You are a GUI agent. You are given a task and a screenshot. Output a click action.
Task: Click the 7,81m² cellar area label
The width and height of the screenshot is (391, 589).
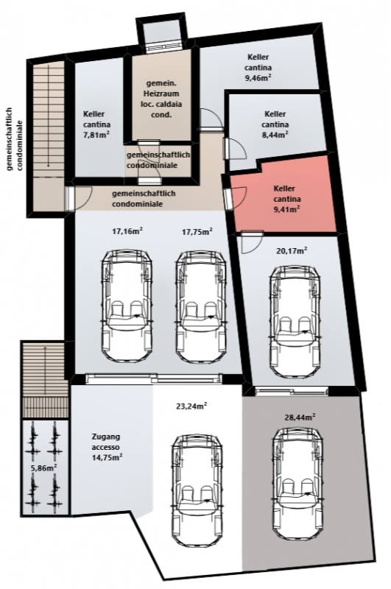click(x=96, y=135)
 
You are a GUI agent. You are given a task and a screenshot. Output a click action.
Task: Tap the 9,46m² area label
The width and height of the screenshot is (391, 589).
click(x=258, y=78)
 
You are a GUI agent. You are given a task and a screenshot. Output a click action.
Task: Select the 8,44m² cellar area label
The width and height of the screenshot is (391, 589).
click(x=275, y=135)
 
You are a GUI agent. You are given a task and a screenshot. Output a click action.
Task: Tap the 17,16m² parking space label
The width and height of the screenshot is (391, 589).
click(x=127, y=231)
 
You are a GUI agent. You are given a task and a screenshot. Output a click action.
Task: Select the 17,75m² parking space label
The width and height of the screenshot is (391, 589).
click(x=197, y=231)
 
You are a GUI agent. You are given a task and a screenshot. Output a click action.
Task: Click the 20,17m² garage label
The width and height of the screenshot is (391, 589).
click(x=292, y=250)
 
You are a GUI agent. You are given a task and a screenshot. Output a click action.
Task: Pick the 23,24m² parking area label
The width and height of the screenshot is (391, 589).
click(x=191, y=406)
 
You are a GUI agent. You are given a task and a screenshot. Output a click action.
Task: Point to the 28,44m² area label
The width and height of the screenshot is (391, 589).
click(x=300, y=417)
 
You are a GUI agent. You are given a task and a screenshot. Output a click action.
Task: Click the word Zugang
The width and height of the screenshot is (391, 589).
click(x=106, y=437)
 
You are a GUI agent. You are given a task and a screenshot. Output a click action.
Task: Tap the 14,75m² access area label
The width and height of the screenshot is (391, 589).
click(x=107, y=457)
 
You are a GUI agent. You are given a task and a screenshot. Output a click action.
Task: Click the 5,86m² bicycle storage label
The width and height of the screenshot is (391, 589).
click(x=44, y=468)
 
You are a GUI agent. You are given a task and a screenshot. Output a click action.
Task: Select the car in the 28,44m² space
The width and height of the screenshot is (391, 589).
click(x=298, y=482)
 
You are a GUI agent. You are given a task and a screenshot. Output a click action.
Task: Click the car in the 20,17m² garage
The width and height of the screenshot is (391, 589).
click(x=295, y=322)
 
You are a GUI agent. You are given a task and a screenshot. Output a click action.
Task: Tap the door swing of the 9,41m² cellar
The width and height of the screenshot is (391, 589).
click(x=239, y=198)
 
